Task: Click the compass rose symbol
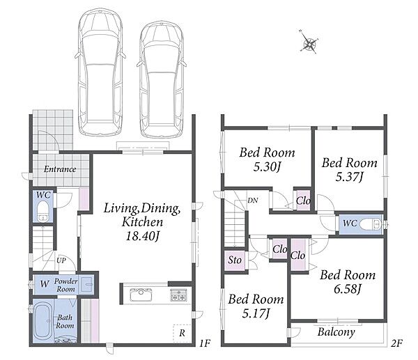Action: coord(309,42)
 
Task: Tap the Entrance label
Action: coord(60,169)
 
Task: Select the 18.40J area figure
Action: coord(143,236)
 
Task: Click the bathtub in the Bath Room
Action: coord(42,322)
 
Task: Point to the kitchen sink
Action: coord(141,295)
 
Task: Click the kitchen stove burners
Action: coord(178,295)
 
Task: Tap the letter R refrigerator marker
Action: coord(182,333)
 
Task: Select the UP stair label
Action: coord(61,260)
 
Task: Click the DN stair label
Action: coord(253,201)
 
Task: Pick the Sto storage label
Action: coord(235,260)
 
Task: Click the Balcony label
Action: coord(336,332)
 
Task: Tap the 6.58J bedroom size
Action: coord(348,289)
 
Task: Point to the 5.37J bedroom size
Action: coord(349,177)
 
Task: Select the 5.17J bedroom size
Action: coord(256,313)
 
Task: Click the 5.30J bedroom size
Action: coord(267,167)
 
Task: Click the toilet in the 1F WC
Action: coord(42,211)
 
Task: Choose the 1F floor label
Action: coord(205,343)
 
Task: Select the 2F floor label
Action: coord(396,343)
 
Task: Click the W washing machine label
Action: coord(45,284)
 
